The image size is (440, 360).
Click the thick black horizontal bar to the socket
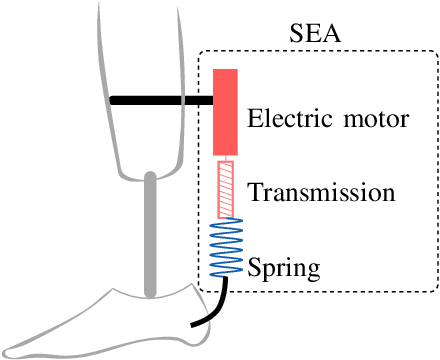pos(160,100)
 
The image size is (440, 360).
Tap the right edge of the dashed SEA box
pos(435,170)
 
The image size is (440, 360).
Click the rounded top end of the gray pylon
pos(150,177)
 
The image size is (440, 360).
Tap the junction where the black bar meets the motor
pos(212,100)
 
